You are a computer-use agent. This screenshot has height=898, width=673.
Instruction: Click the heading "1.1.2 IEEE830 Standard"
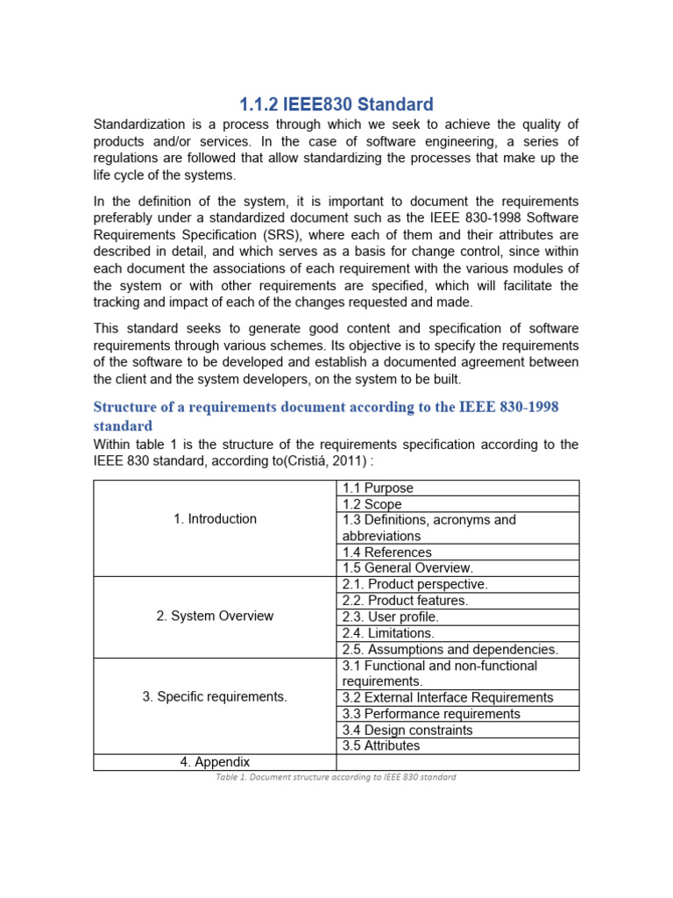tap(336, 104)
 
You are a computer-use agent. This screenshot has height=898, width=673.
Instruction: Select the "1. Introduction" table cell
tap(215, 519)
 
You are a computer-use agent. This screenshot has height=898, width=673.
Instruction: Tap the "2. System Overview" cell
tap(215, 616)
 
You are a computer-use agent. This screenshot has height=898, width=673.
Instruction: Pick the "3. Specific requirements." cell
tap(215, 697)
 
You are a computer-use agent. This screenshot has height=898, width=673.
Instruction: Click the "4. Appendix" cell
tap(215, 762)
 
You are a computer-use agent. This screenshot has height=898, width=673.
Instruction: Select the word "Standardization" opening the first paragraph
tap(142, 124)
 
